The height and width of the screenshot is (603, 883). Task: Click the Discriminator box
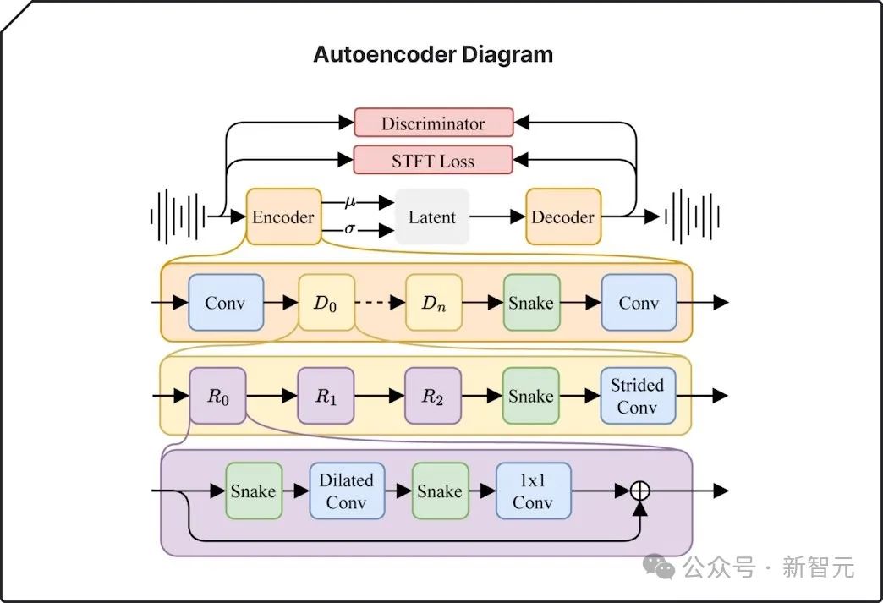click(433, 123)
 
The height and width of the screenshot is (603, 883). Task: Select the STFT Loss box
click(433, 160)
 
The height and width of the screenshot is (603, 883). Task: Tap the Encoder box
click(283, 217)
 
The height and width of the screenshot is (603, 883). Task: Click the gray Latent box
click(432, 217)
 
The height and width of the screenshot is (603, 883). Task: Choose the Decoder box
click(563, 217)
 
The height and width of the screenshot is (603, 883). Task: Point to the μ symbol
click(351, 201)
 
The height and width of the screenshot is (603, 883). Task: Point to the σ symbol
click(350, 228)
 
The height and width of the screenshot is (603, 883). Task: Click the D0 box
click(326, 303)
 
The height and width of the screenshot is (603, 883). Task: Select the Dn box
click(433, 303)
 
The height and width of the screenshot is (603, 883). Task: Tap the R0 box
click(217, 396)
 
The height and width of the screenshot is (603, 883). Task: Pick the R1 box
click(326, 396)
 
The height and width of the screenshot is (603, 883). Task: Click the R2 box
click(433, 396)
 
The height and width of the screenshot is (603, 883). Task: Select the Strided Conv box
click(638, 396)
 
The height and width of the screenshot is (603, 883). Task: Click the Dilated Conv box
click(347, 491)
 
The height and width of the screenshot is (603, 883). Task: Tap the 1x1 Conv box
click(533, 491)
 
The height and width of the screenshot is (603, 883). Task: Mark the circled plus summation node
click(640, 490)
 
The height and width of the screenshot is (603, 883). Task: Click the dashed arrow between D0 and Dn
click(380, 303)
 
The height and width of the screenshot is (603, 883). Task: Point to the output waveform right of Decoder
click(691, 217)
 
